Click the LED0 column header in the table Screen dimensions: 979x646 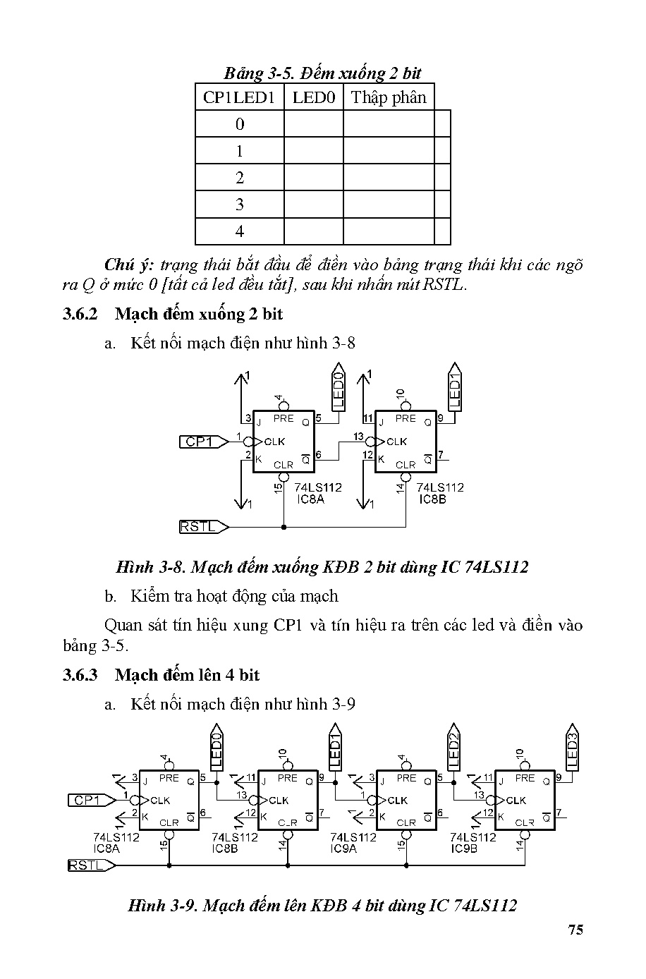point(314,97)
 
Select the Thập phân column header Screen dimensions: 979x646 point(389,97)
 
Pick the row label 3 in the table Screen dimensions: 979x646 point(240,205)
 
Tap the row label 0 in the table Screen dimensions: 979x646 point(240,124)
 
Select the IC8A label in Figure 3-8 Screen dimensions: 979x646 point(310,499)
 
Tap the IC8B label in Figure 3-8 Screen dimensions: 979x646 point(433,499)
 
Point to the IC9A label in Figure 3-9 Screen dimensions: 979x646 point(344,849)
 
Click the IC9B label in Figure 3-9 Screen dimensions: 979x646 point(464,849)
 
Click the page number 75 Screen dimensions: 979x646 point(575,930)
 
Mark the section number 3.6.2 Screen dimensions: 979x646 point(83,314)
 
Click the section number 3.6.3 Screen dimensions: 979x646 point(83,675)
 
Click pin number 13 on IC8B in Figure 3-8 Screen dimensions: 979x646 point(358,437)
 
